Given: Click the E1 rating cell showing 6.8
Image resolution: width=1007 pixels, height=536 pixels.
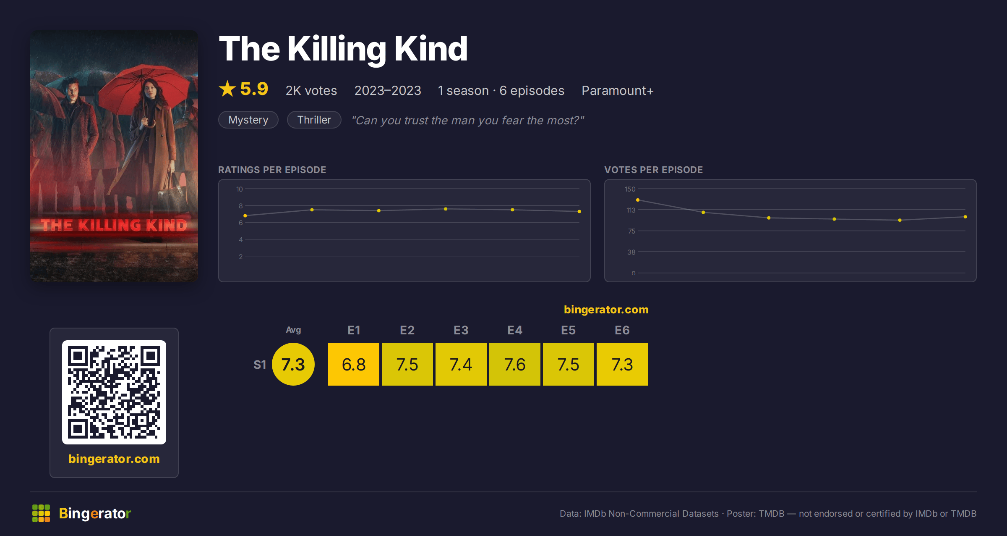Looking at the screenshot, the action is click(354, 364).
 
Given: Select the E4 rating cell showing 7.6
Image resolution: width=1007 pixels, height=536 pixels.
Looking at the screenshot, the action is click(515, 364).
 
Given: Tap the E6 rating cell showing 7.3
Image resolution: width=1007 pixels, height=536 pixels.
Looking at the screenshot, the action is click(622, 364).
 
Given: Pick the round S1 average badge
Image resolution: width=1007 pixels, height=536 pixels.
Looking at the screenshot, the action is click(293, 364).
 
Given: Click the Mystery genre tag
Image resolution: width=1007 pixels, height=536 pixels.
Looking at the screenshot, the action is click(248, 120).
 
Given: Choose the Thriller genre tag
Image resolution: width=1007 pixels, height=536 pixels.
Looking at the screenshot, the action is click(314, 120).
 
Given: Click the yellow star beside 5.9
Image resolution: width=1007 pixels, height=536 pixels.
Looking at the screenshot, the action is click(227, 89).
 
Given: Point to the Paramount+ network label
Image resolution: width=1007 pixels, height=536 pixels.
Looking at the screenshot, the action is click(618, 90).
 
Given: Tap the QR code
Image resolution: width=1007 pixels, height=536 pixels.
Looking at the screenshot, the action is click(114, 392).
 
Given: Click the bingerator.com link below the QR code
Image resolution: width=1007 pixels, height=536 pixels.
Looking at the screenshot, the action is click(114, 459).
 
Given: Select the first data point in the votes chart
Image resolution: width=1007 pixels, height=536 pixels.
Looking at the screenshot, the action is click(638, 200).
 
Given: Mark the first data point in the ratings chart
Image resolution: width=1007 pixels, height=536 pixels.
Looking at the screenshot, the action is click(245, 215).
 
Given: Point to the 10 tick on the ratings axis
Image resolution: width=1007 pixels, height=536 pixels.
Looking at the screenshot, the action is click(240, 189).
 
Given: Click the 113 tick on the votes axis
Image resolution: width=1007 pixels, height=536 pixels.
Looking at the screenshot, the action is click(631, 210).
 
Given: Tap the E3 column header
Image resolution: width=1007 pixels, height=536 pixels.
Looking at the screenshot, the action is click(461, 330).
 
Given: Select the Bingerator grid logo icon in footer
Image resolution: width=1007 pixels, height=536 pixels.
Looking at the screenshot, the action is click(41, 513).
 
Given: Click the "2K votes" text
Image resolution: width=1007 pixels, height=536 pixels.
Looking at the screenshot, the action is click(311, 90).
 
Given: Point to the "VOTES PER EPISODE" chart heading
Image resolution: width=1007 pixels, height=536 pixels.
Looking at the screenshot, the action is click(654, 170).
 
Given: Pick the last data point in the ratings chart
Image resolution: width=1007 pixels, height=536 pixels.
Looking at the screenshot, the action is click(579, 211).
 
